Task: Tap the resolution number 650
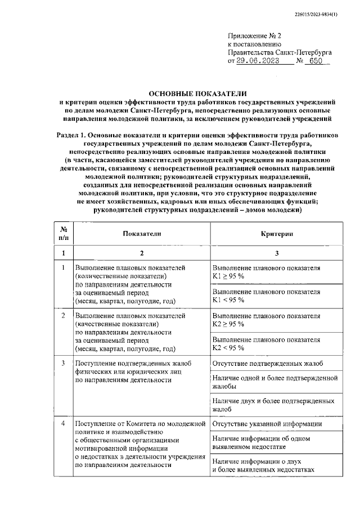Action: pyautogui.click(x=317, y=61)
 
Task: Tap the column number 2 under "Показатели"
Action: pyautogui.click(x=142, y=253)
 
